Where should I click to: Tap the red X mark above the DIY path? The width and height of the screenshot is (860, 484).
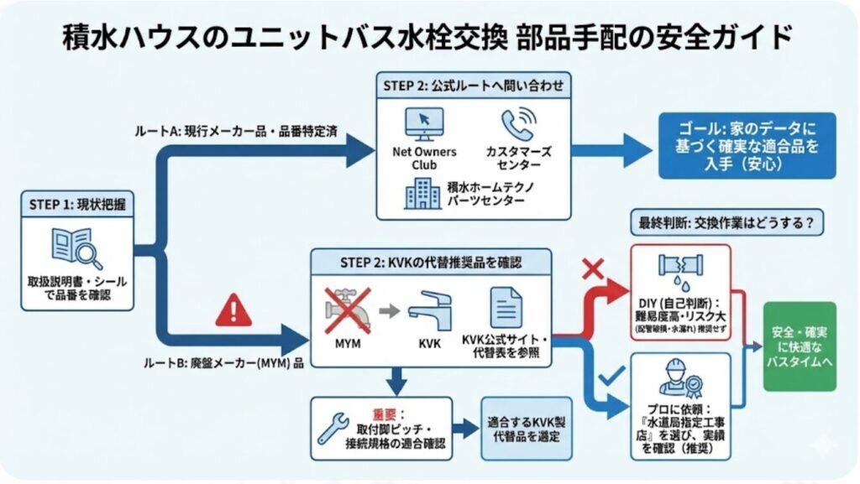pyautogui.click(x=594, y=270)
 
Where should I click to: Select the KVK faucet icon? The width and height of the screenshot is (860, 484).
pyautogui.click(x=429, y=311)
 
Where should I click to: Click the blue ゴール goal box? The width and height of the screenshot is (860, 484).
pyautogui.click(x=747, y=145)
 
